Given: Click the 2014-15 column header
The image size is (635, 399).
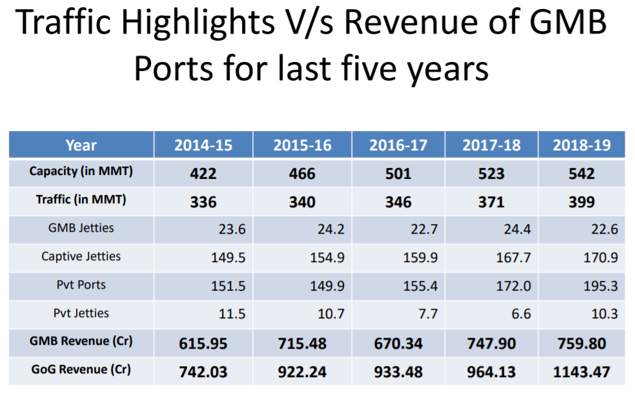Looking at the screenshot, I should click(x=203, y=145).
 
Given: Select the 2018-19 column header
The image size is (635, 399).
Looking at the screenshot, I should click(x=581, y=145).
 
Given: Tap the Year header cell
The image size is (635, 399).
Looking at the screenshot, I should click(x=81, y=145).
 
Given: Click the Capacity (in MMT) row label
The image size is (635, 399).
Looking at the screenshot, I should click(x=81, y=172).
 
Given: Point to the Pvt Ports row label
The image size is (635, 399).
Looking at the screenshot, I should click(x=81, y=285).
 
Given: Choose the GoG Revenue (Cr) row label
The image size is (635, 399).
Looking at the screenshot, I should click(x=81, y=370).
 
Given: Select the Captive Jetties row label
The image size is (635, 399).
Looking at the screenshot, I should click(x=81, y=256).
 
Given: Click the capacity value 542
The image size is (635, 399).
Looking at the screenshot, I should click(x=581, y=174).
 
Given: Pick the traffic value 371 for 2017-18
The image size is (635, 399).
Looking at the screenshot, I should click(x=491, y=202).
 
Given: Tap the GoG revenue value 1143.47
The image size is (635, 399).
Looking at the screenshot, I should click(x=581, y=372).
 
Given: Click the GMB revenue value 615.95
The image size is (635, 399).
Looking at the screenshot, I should click(x=203, y=343).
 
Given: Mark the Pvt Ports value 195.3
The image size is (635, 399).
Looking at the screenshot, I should click(x=600, y=285).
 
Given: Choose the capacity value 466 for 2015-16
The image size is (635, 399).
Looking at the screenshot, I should click(x=302, y=174).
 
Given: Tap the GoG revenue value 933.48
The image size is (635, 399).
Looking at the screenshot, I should click(x=398, y=372).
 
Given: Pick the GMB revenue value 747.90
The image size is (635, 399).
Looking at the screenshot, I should click(x=491, y=343).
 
